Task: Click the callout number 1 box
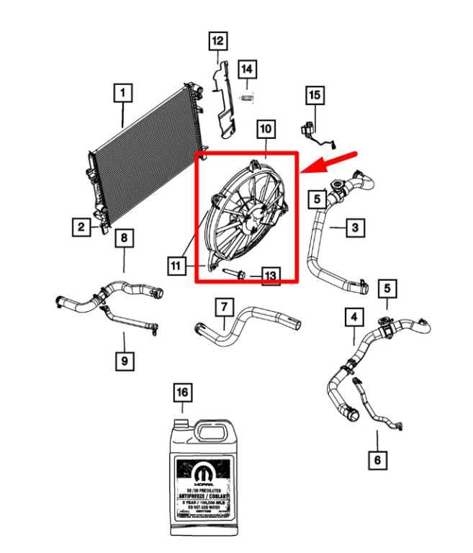click(123, 93)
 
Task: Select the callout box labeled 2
click(81, 228)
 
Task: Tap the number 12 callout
click(217, 40)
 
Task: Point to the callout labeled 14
click(247, 69)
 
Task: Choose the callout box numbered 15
click(314, 94)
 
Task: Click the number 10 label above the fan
click(266, 129)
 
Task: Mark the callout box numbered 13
click(269, 276)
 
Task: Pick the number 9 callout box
click(124, 360)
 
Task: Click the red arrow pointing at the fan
click(330, 161)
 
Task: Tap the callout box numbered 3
click(354, 228)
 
